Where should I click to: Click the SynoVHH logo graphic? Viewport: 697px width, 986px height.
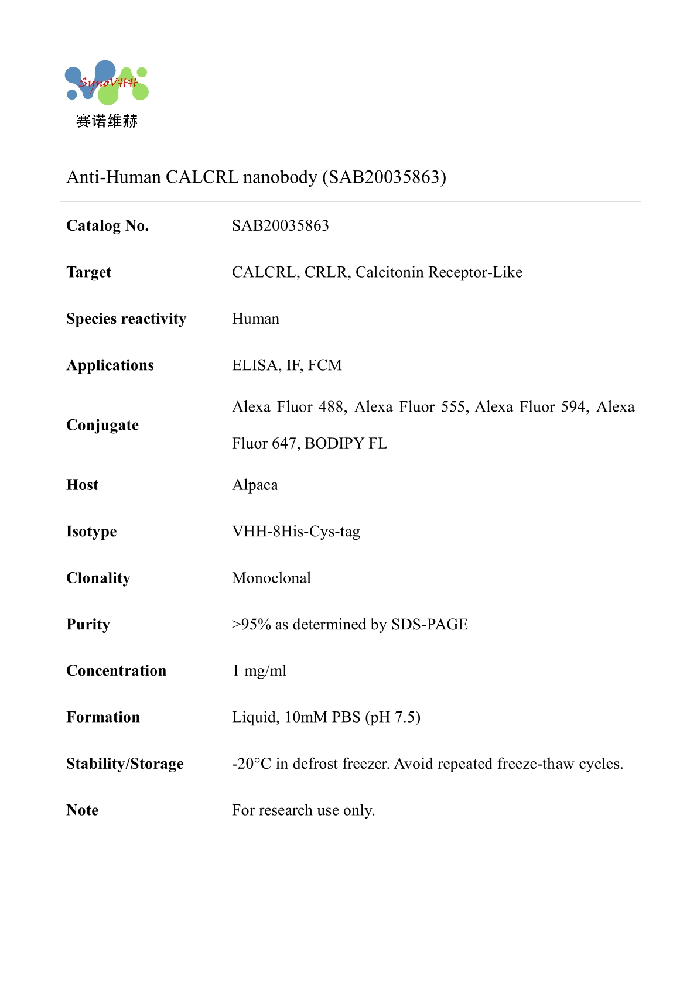(107, 82)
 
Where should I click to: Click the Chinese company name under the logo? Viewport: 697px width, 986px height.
(107, 121)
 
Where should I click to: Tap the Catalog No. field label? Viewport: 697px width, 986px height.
(107, 225)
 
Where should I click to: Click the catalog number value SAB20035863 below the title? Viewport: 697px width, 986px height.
(280, 225)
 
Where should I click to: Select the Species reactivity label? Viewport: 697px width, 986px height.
(126, 319)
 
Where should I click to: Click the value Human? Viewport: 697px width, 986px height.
(255, 319)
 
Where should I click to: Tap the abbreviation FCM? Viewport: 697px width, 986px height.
(325, 365)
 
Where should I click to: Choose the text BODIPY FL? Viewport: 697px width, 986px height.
(346, 443)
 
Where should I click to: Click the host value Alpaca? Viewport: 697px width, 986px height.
(255, 485)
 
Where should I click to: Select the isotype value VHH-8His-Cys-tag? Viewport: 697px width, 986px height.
(296, 532)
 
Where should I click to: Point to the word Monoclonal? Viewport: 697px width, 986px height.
(271, 578)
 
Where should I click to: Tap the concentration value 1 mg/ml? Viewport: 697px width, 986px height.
(259, 671)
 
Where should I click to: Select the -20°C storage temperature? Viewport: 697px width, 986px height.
(252, 764)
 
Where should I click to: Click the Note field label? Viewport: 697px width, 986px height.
(83, 810)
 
